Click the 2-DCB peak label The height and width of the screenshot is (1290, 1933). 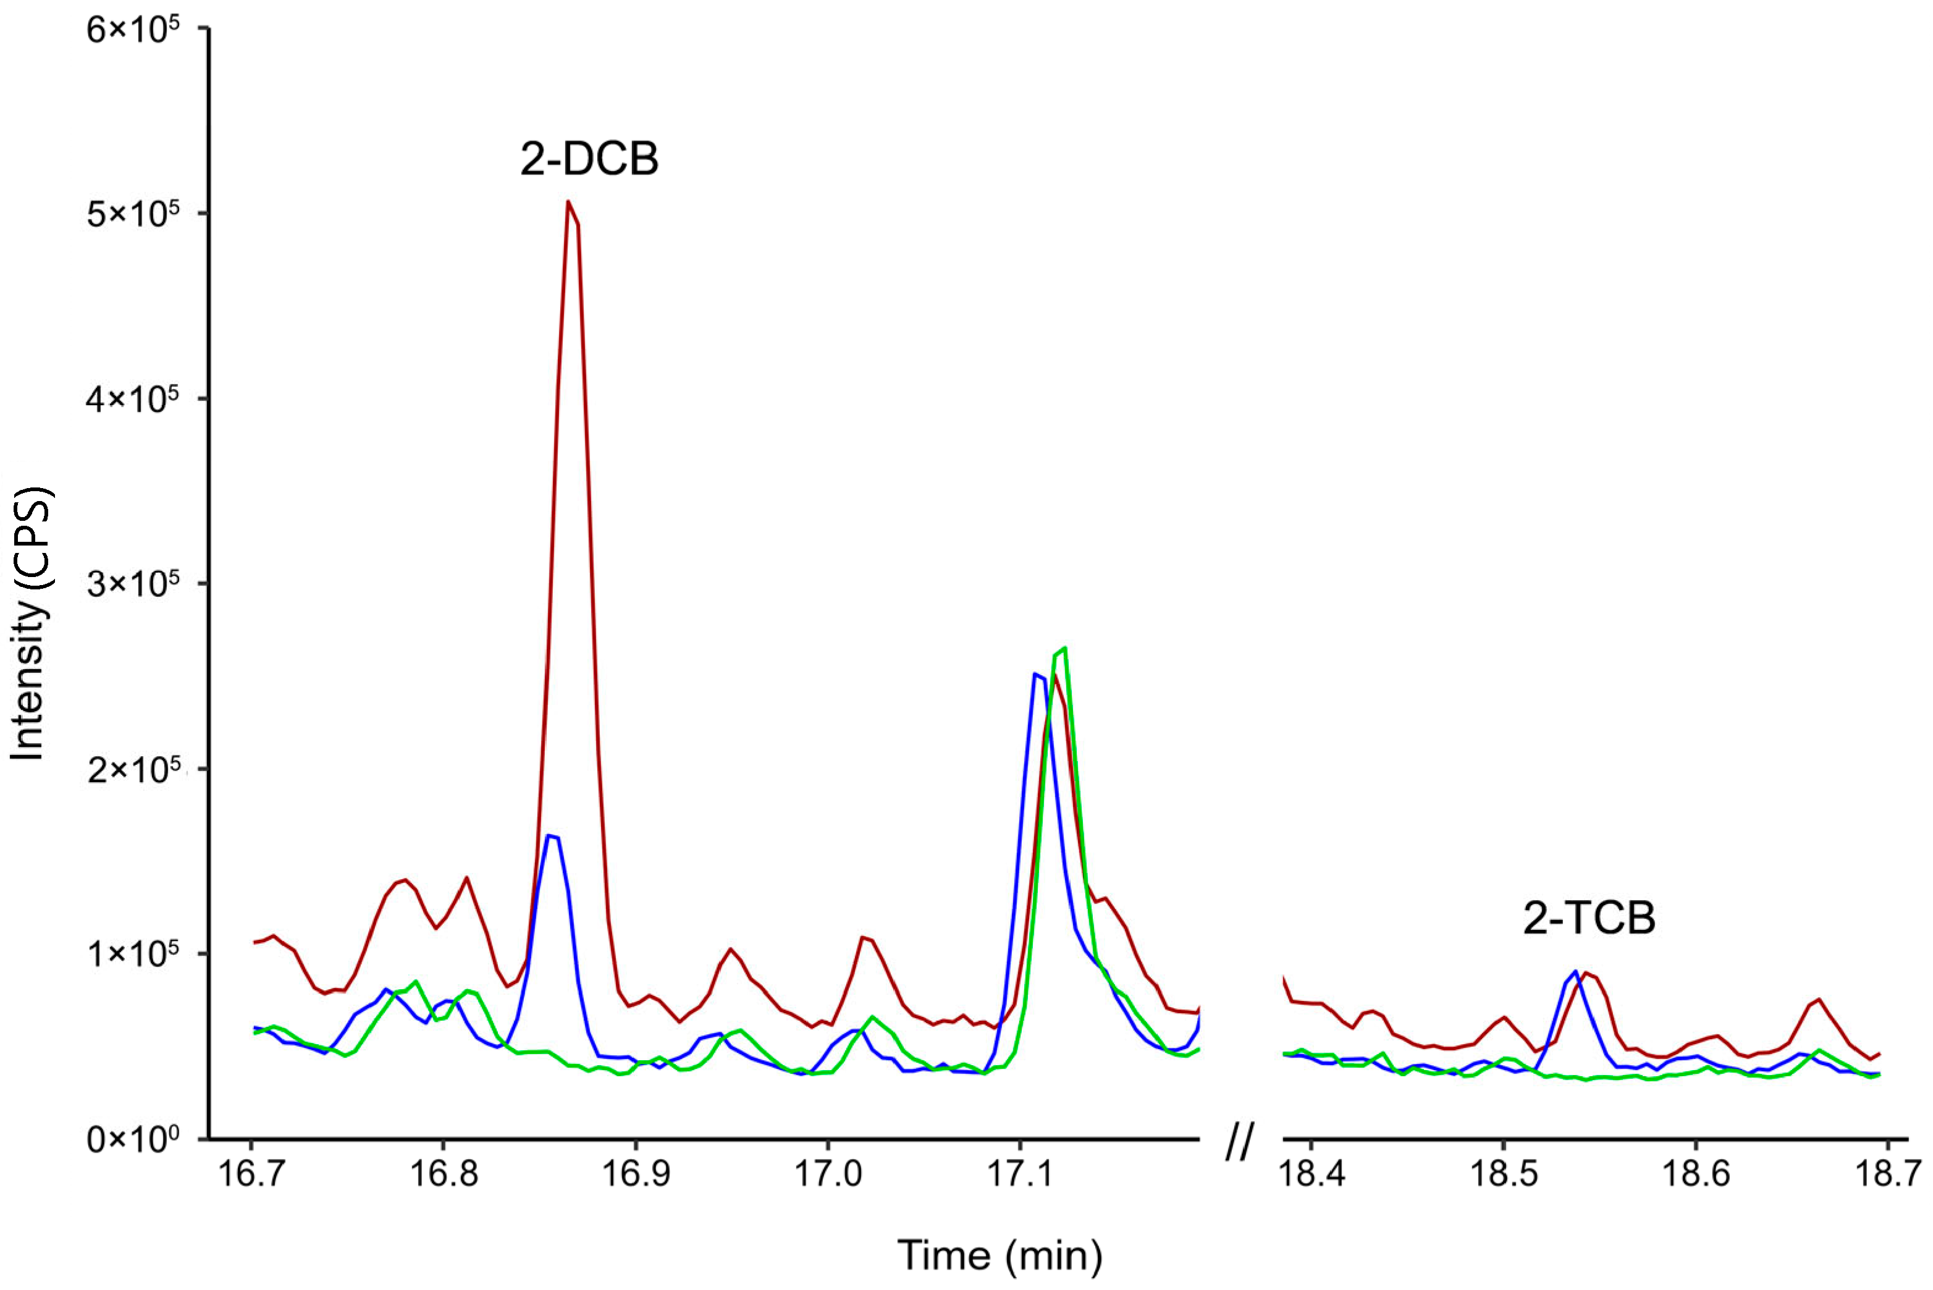[589, 159]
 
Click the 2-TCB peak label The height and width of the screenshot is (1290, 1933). [1588, 918]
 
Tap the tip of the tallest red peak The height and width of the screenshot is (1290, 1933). [568, 201]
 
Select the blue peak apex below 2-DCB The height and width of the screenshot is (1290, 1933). [549, 836]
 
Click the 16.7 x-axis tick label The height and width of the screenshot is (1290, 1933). [251, 1173]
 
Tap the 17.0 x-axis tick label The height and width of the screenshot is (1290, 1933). [827, 1173]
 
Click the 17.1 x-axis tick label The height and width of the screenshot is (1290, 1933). [1020, 1173]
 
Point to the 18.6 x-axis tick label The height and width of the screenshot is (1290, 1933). [1695, 1173]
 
